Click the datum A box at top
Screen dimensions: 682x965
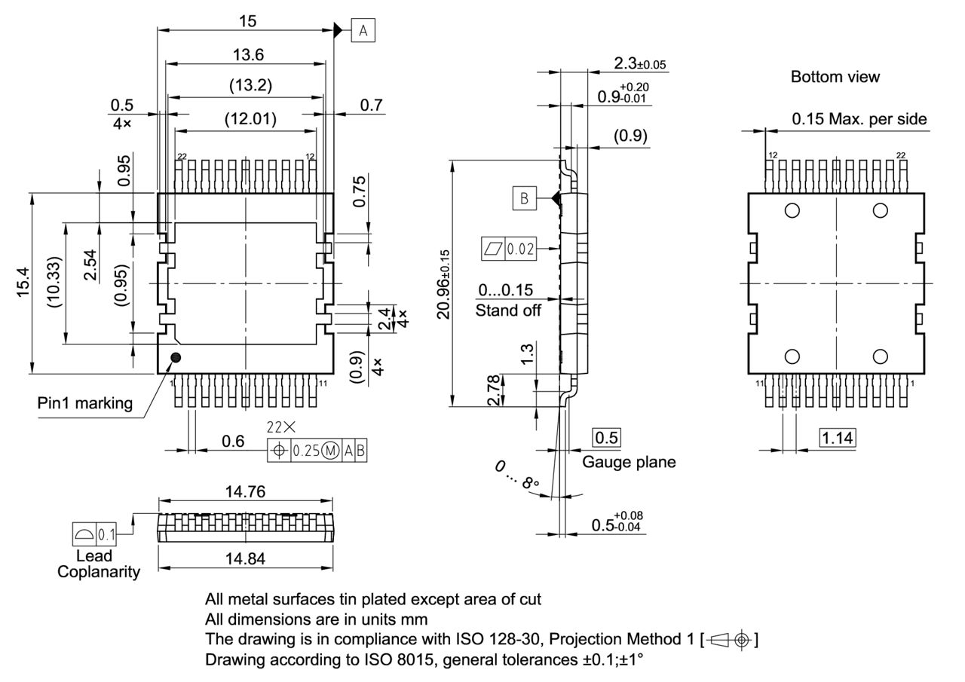[x=363, y=30]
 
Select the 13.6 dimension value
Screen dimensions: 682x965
[x=248, y=55]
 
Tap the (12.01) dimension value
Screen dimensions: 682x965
[x=250, y=118]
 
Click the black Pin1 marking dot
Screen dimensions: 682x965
[x=176, y=357]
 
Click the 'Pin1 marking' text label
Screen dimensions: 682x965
[x=85, y=403]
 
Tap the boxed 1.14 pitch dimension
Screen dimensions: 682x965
[x=837, y=437]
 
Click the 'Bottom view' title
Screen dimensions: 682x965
[x=835, y=77]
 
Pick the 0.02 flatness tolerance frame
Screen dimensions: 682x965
[x=509, y=249]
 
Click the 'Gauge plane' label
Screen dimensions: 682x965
[x=629, y=462]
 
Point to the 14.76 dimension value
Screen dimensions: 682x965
[x=245, y=492]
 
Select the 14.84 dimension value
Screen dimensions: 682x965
[x=245, y=558]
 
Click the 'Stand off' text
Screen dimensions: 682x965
[x=508, y=310]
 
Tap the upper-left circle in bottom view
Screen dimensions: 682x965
[x=792, y=210]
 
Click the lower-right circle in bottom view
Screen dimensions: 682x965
[x=880, y=356]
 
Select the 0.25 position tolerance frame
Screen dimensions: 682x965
[x=317, y=451]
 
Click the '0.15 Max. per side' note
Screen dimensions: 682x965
[x=859, y=119]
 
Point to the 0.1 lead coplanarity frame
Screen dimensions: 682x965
[x=94, y=534]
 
